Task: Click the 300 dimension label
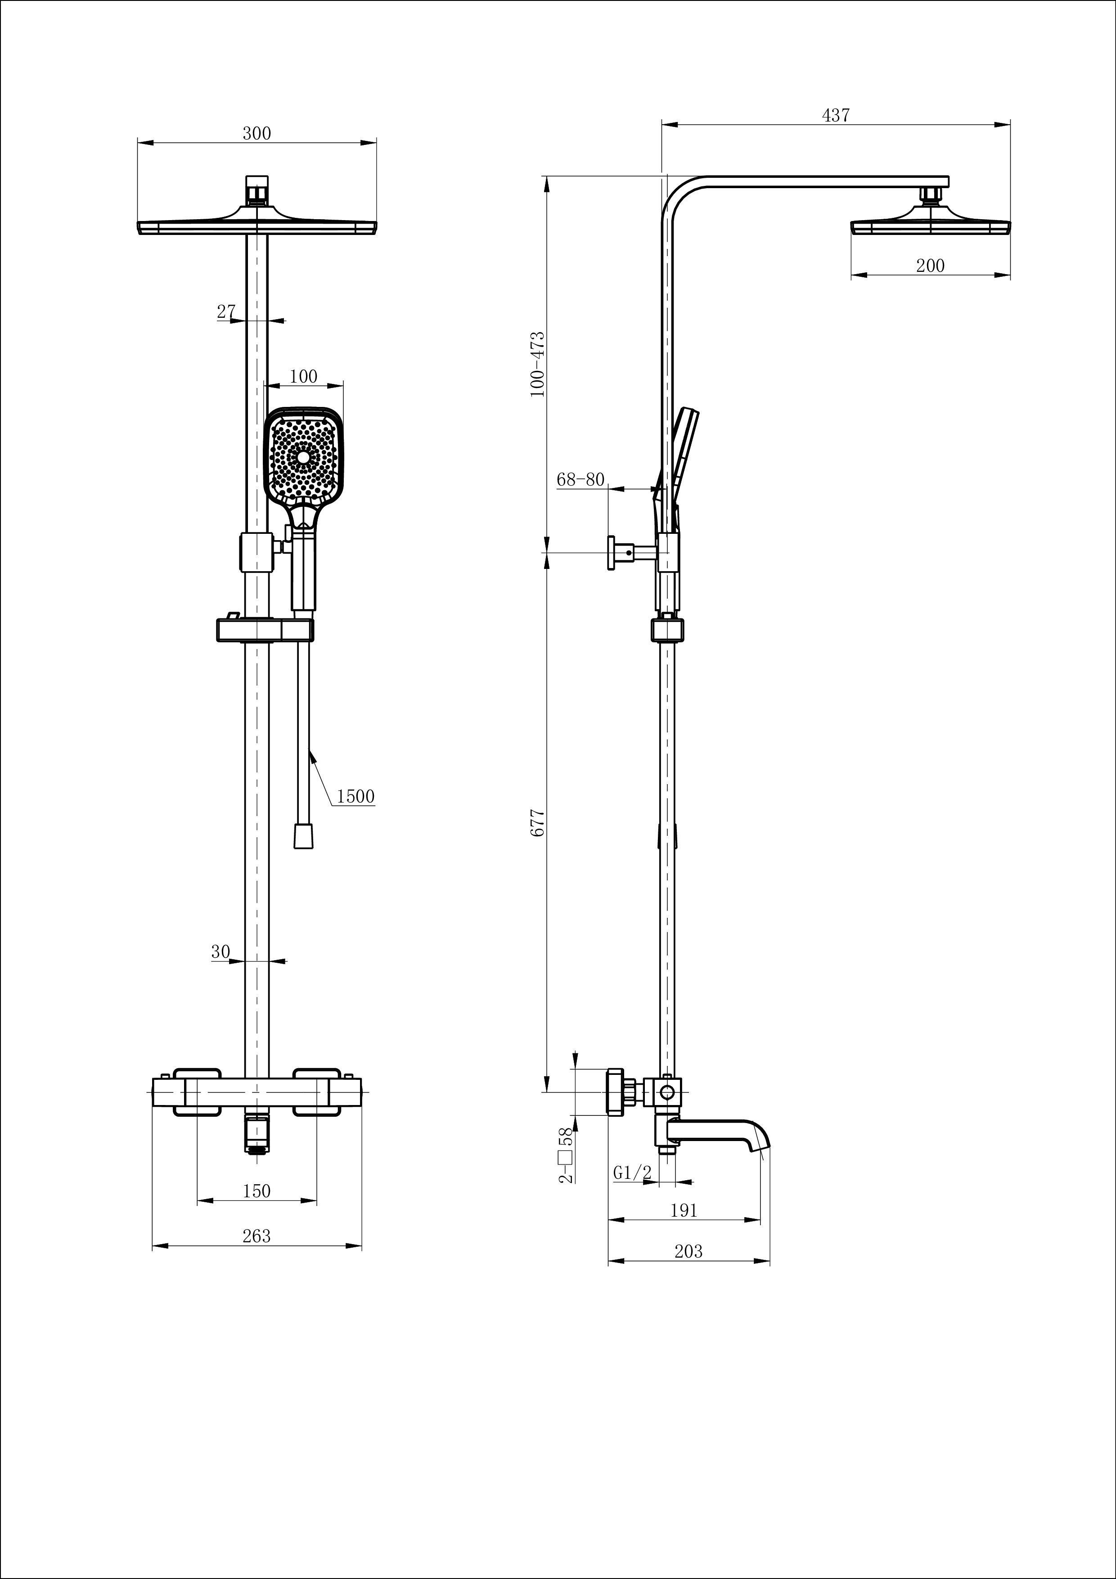tap(256, 133)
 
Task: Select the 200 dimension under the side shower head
tap(930, 266)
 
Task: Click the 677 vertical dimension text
tap(538, 822)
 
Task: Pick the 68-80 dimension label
tap(580, 479)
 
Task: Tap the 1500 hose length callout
tap(355, 796)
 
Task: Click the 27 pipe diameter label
tap(226, 311)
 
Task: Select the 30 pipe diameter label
tap(220, 952)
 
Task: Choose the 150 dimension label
tap(256, 1191)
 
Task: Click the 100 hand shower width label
tap(303, 376)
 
